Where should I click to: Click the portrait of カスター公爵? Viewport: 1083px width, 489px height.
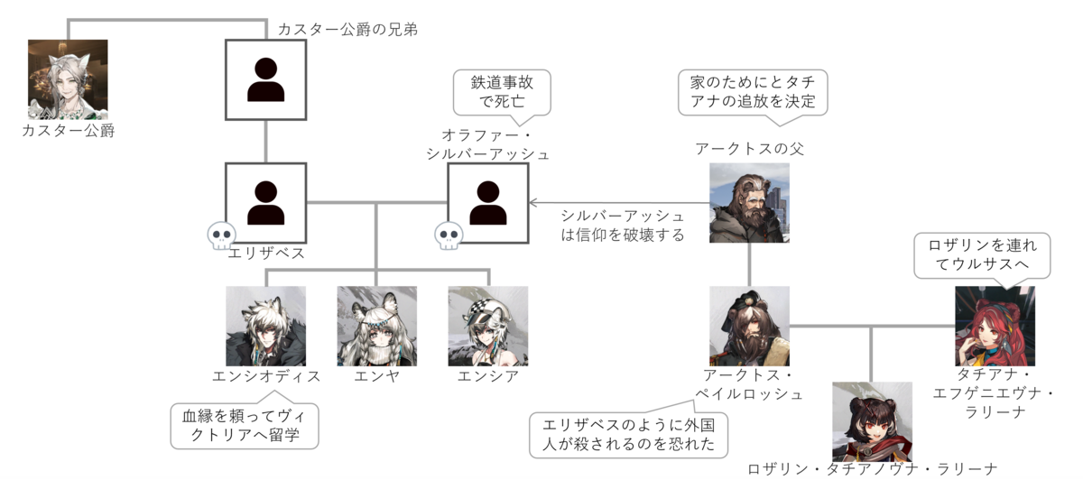pos(68,79)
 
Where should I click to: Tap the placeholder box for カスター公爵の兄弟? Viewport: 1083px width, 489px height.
pos(265,79)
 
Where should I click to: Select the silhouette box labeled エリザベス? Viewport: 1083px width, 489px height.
pos(265,203)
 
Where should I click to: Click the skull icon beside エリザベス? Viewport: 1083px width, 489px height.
pos(221,235)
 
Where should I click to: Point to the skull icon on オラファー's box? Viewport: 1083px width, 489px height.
pos(449,235)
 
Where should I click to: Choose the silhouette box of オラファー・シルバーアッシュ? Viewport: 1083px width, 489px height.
pos(488,203)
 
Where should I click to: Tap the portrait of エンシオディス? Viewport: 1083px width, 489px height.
pos(266,326)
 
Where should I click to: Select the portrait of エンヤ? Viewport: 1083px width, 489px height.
pos(376,326)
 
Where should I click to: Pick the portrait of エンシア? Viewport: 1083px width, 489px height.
pos(488,326)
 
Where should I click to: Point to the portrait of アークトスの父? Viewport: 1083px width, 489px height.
pos(749,202)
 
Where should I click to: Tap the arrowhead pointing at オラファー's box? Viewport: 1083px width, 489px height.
pos(532,203)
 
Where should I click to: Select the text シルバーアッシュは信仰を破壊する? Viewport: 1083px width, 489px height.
pos(623,226)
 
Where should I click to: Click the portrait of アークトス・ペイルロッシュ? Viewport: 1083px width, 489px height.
pos(749,326)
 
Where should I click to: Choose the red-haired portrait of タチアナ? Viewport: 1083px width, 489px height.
pos(995,326)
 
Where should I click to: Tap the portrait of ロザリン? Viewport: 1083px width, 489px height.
pos(872,422)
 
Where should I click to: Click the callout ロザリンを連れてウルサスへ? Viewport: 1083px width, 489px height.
pos(983,255)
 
